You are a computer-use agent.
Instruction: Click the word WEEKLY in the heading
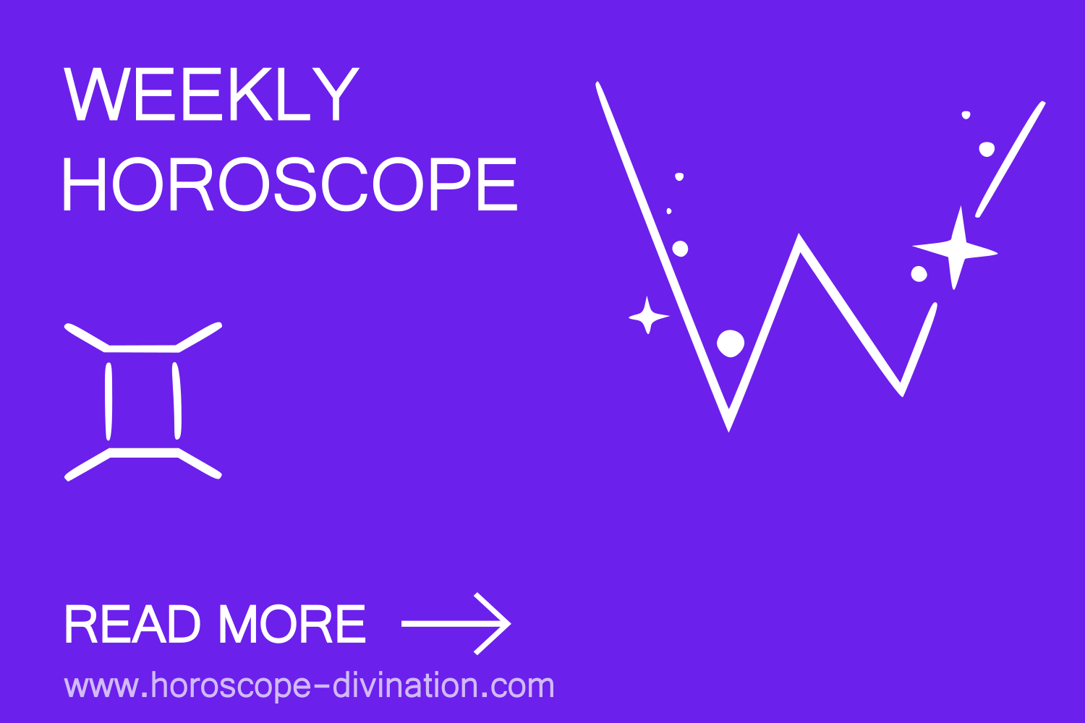click(x=211, y=95)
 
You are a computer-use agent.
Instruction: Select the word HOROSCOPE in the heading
click(x=289, y=185)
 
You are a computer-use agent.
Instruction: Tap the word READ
click(x=132, y=625)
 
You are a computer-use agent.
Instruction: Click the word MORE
click(x=292, y=625)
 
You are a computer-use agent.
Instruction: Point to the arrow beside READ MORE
click(x=456, y=623)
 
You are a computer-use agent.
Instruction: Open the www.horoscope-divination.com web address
click(x=309, y=685)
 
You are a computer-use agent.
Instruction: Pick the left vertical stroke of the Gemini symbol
click(x=109, y=401)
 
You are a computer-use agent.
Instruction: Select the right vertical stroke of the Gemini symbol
click(x=176, y=401)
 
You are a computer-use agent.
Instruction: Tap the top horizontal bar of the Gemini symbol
click(x=142, y=348)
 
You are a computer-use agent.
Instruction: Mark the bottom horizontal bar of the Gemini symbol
click(x=143, y=453)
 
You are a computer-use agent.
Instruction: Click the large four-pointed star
click(x=956, y=249)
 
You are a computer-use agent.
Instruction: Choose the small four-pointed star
click(x=648, y=316)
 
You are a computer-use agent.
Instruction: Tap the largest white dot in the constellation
click(x=731, y=343)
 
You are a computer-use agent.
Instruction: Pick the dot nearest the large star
click(x=919, y=274)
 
